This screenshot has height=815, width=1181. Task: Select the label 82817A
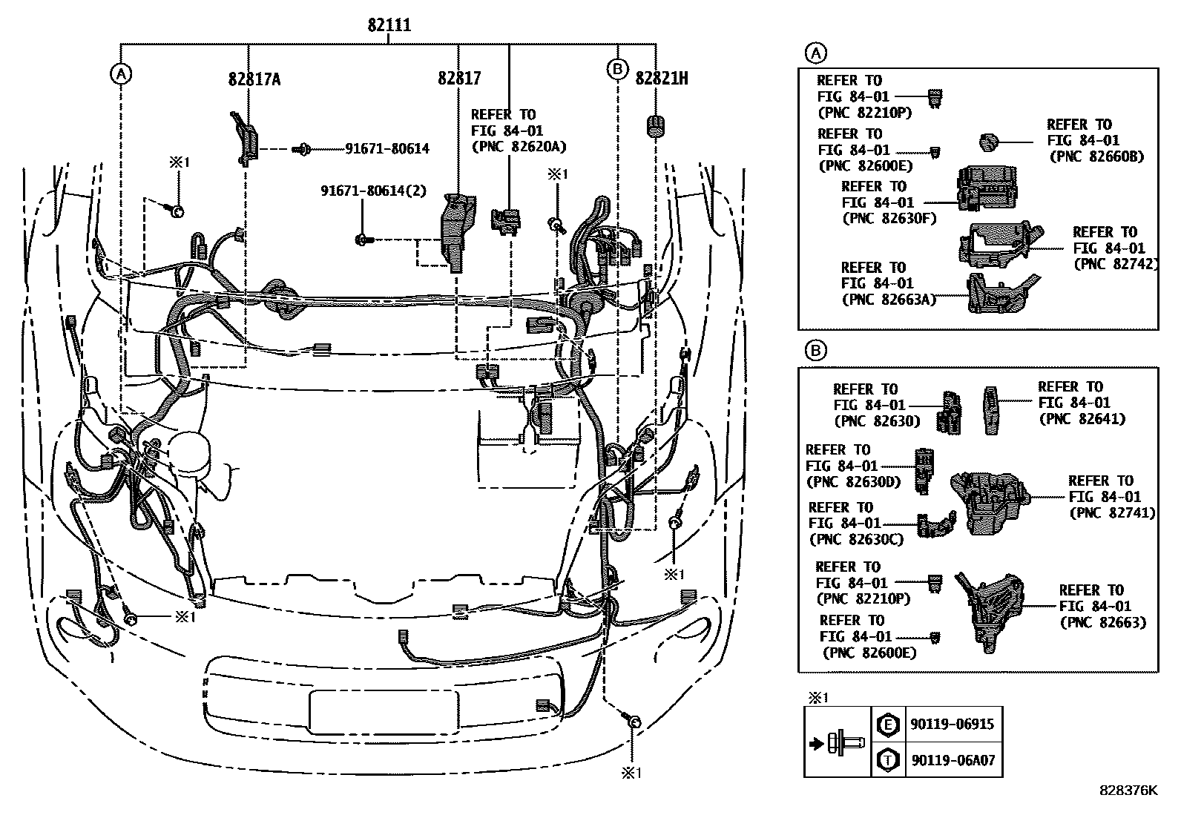(x=254, y=79)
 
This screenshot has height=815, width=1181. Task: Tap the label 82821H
(x=661, y=78)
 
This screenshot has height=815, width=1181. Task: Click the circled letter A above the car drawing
(x=121, y=73)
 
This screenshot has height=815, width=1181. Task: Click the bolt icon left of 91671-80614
(x=302, y=149)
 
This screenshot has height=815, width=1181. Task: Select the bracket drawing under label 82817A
(x=246, y=137)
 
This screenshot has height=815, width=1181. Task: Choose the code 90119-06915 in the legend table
(x=952, y=725)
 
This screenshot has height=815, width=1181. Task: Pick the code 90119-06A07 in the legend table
(x=953, y=760)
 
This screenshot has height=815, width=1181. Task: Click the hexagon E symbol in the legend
(x=887, y=725)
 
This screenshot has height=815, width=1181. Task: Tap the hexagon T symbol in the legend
(x=887, y=760)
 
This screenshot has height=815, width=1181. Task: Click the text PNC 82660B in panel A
(x=1096, y=156)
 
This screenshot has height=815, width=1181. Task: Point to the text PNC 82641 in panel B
(x=1082, y=419)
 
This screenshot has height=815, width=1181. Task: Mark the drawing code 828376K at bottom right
(x=1128, y=791)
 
